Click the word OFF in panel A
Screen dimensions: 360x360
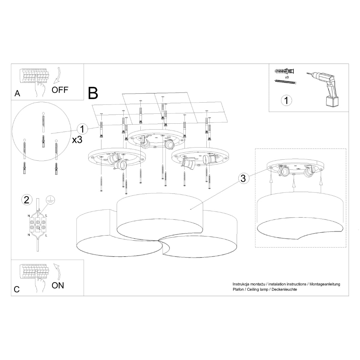[x=60, y=89]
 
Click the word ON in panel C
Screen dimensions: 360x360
[x=58, y=285]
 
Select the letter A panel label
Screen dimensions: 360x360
[x=17, y=94]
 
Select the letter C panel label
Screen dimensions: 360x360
[x=17, y=289]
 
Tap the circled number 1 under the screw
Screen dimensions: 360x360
[x=286, y=100]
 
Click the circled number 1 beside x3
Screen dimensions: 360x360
[x=82, y=129]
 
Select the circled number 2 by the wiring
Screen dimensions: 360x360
[x=27, y=199]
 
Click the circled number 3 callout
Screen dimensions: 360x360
[x=243, y=178]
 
